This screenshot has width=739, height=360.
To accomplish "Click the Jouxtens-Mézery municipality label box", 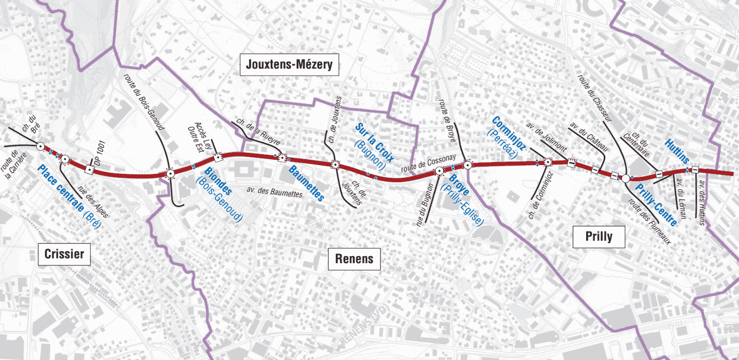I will tap(289, 65).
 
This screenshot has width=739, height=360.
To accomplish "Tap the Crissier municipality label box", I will tap(64, 254).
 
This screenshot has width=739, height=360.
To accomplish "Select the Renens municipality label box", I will tap(354, 259).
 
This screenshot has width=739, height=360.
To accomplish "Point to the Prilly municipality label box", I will tap(598, 237).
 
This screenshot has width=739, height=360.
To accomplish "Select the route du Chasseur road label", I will tap(595, 98).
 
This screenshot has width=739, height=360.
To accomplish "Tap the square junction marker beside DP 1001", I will tap(89, 169).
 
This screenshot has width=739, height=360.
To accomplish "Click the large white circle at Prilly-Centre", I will tap(625, 178).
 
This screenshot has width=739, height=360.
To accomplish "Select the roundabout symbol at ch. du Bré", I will tap(40, 145).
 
